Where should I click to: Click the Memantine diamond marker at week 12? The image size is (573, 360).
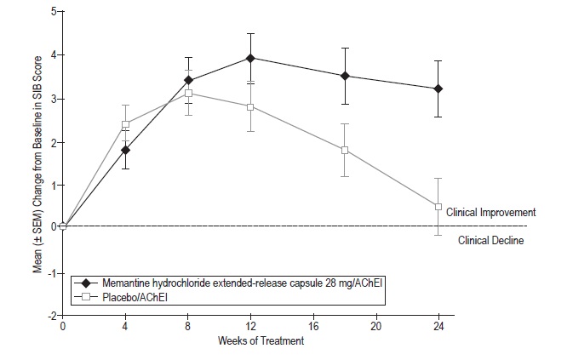pyautogui.click(x=250, y=58)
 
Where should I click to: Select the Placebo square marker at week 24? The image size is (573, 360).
pyautogui.click(x=438, y=207)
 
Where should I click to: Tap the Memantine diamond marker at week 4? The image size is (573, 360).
pyautogui.click(x=125, y=150)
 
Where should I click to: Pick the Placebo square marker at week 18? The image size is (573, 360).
pyautogui.click(x=345, y=151)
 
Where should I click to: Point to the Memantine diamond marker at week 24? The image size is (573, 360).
pyautogui.click(x=438, y=89)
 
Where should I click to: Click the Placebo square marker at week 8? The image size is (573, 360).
pyautogui.click(x=188, y=93)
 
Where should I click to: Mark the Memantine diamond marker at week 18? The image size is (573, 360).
pyautogui.click(x=345, y=76)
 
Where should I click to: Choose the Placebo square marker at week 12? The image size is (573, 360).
pyautogui.click(x=250, y=106)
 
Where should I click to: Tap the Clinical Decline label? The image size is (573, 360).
pyautogui.click(x=490, y=240)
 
